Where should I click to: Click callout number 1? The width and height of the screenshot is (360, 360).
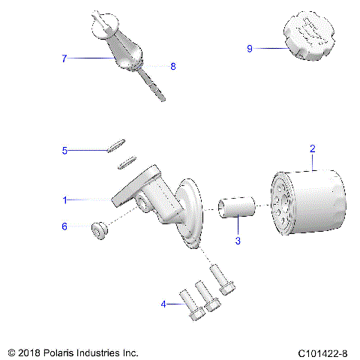(x=66, y=199)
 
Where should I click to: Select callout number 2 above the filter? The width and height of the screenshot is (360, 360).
(x=312, y=149)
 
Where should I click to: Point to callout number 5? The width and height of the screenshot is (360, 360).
(x=65, y=151)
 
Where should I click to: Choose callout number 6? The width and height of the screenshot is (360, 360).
(x=64, y=226)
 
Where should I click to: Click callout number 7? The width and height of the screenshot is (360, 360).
(x=65, y=58)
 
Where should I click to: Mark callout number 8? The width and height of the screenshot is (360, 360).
(x=173, y=66)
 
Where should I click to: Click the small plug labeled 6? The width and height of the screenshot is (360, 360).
(x=97, y=229)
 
